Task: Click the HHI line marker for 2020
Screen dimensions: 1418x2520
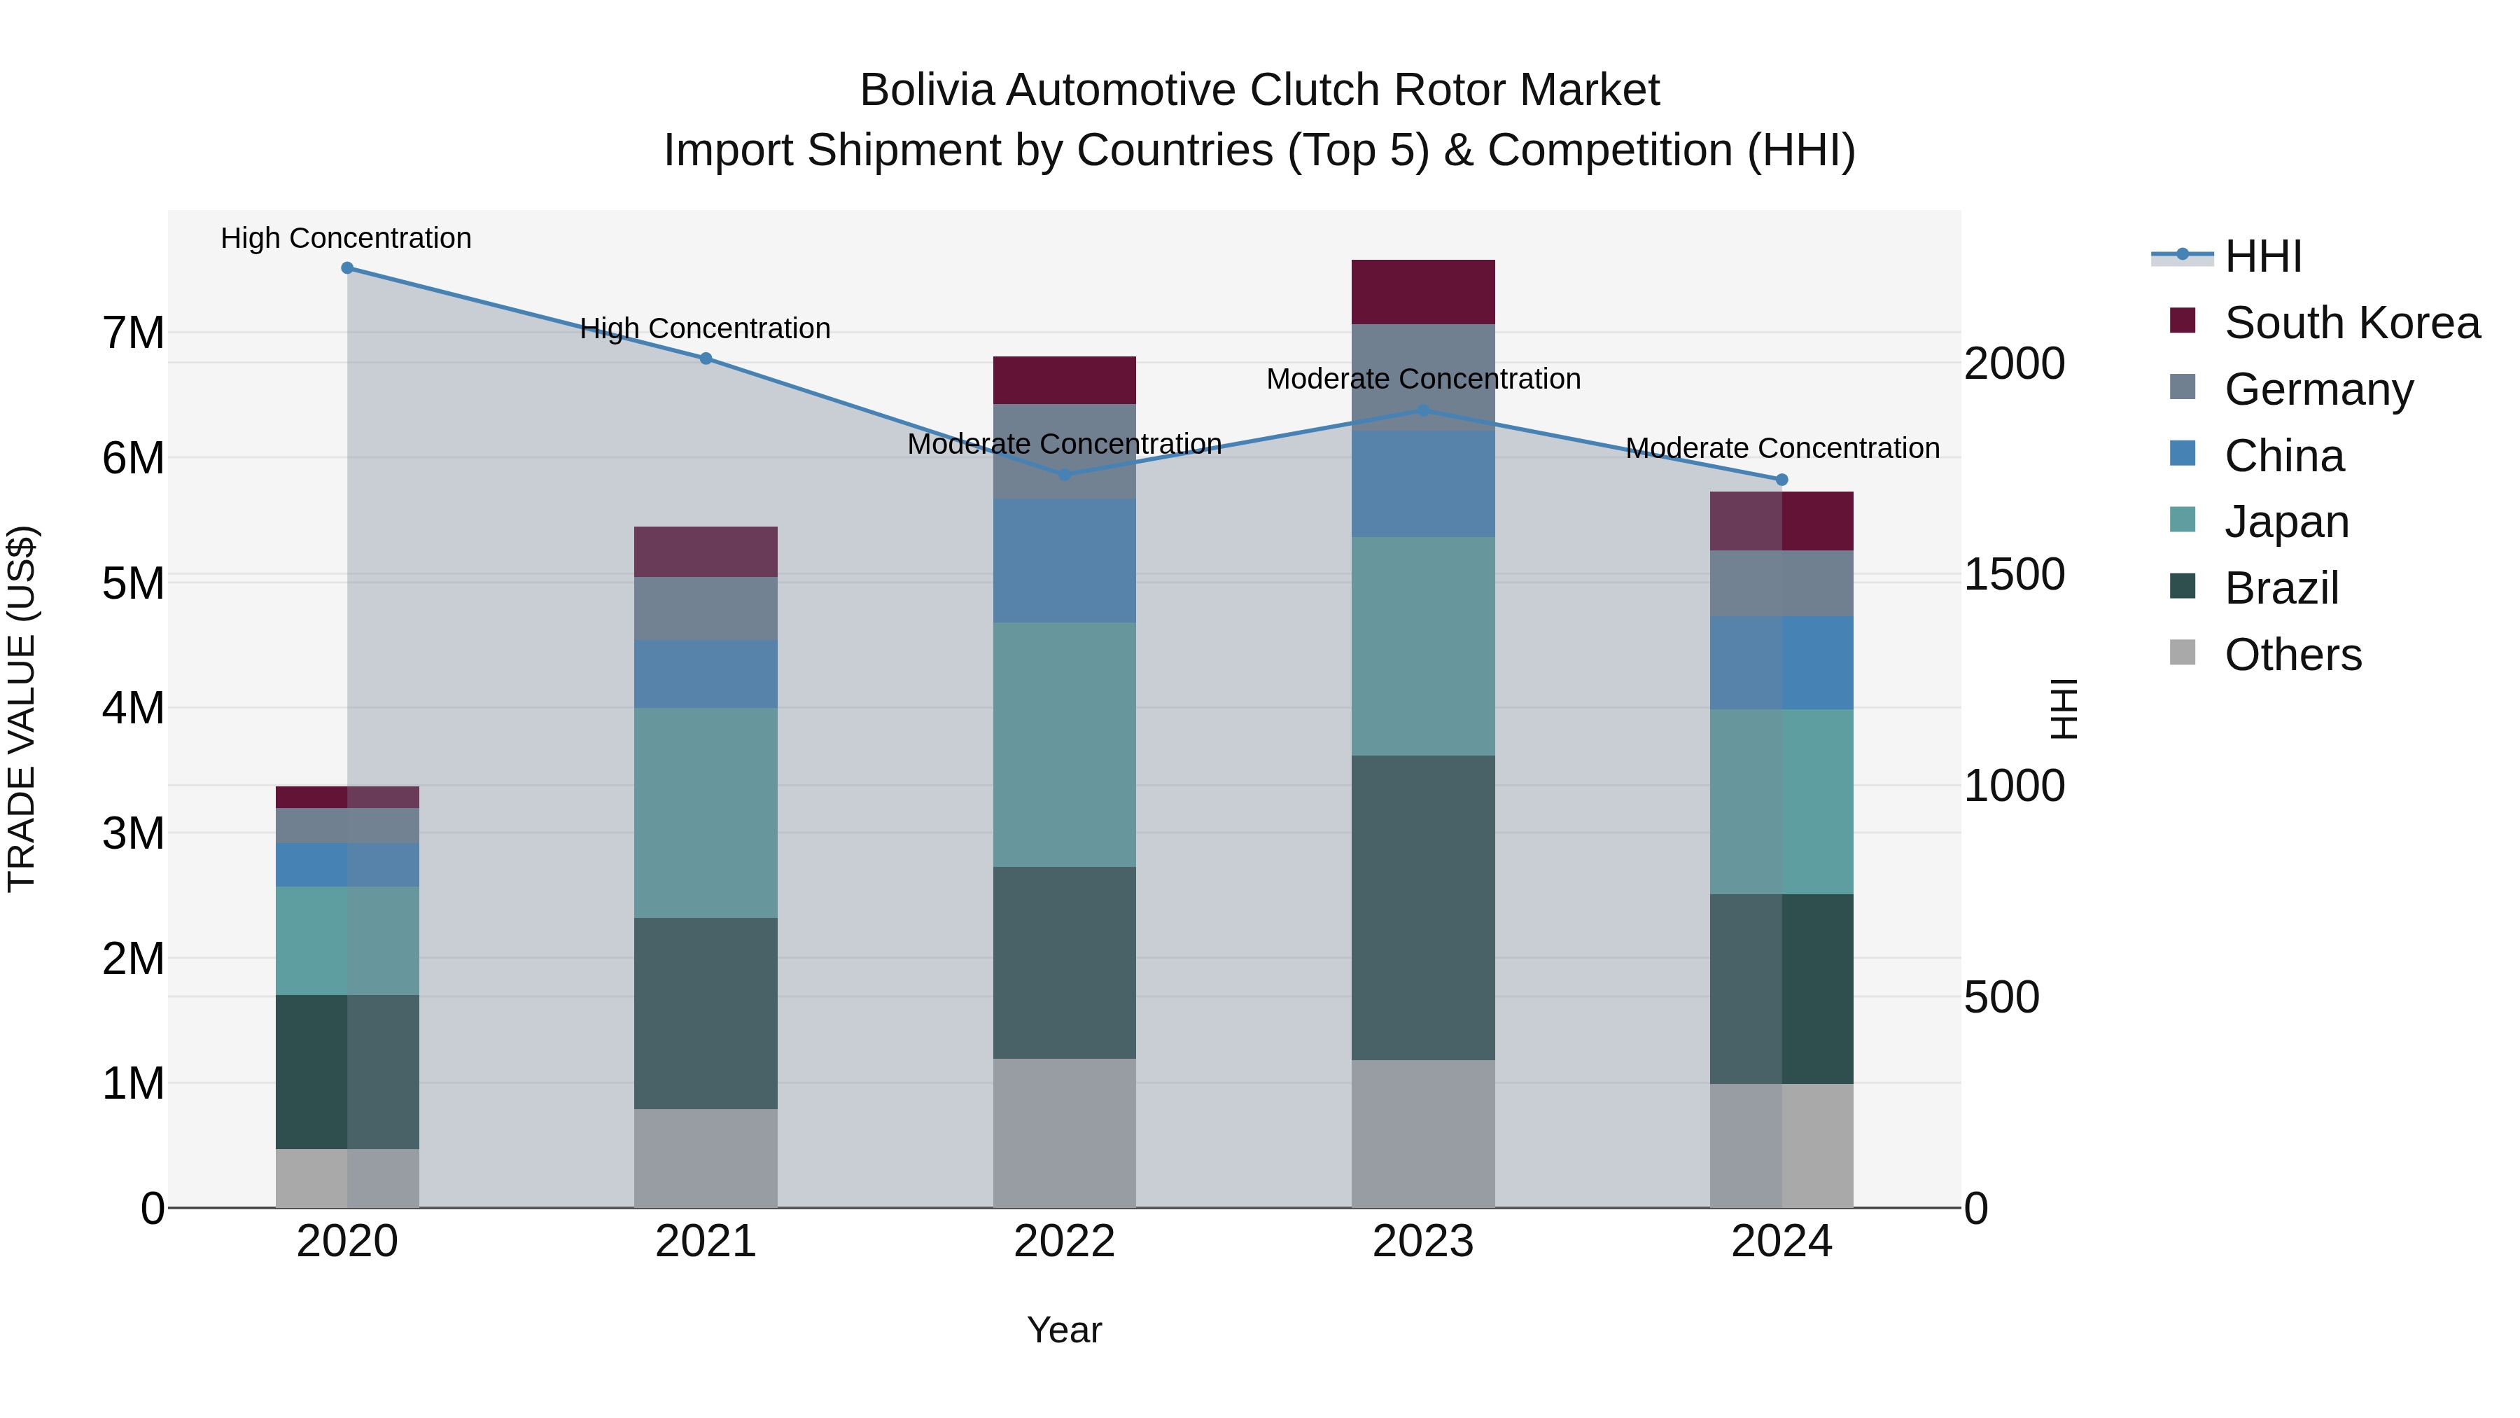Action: tap(347, 268)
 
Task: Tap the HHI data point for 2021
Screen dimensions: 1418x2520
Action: tap(706, 358)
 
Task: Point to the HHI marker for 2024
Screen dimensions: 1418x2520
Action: tap(1781, 480)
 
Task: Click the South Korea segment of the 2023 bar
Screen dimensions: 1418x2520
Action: tap(1423, 291)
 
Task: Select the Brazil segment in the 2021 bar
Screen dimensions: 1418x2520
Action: tap(706, 1013)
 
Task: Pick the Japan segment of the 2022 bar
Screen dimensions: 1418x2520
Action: tap(1064, 744)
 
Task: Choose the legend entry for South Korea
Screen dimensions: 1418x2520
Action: tap(2352, 323)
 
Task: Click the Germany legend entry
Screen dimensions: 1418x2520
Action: tap(2318, 389)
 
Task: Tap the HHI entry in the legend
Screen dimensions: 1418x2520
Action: tap(2262, 256)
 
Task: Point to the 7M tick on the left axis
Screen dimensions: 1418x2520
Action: tap(133, 333)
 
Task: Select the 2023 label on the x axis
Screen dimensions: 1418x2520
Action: tap(1423, 1242)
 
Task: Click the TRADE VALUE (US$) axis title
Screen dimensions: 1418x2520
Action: tap(22, 709)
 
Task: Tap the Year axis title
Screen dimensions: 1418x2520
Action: tap(1064, 1330)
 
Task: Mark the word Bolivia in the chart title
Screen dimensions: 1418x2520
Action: tap(926, 90)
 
